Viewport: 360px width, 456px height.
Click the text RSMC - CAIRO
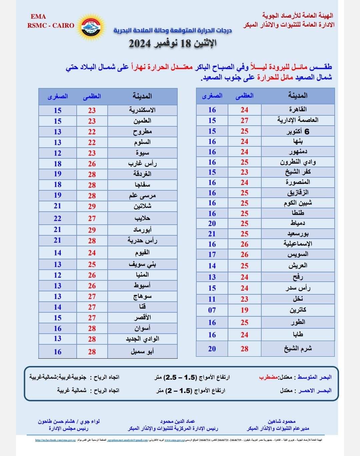tap(51, 25)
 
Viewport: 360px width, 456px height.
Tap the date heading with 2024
tap(173, 43)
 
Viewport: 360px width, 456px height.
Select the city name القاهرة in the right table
tap(298, 109)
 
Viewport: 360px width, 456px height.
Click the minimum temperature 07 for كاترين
tap(212, 310)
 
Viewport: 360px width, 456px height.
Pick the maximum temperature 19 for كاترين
tap(244, 310)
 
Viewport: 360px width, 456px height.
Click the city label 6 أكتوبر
tap(298, 131)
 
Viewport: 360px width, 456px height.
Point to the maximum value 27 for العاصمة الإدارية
tap(244, 120)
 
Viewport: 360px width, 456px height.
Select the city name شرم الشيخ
tap(298, 349)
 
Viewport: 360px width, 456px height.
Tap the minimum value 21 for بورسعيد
tap(212, 234)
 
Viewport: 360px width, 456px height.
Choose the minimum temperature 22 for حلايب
tap(57, 218)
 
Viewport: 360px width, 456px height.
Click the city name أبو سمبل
tap(142, 351)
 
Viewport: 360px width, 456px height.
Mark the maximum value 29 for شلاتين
tap(92, 206)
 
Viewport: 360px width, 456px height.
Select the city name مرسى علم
tap(142, 196)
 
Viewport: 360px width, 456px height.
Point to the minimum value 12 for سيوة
tap(57, 153)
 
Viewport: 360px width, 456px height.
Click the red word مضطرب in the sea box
tap(268, 377)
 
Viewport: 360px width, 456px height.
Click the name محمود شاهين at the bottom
tap(282, 421)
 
